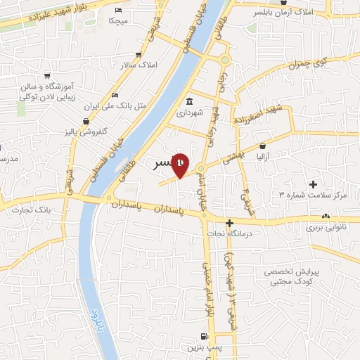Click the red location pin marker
coord(181,165)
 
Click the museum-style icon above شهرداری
coord(189,100)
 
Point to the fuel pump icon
coord(204,335)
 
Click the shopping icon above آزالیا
coord(263,146)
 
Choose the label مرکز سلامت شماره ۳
coord(314,194)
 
